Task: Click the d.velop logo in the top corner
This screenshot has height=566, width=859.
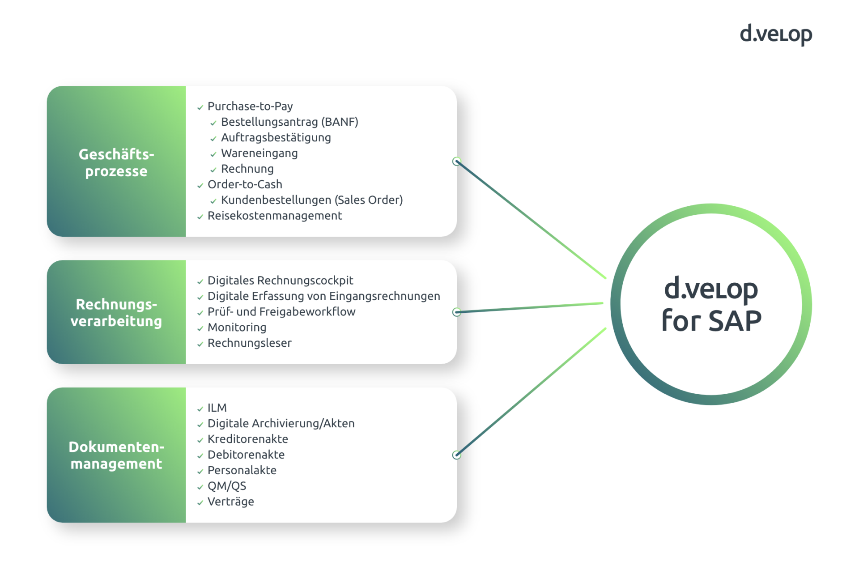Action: [775, 34]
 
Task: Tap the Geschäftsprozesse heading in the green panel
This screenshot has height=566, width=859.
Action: [116, 162]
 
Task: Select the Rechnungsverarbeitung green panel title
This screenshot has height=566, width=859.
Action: [116, 312]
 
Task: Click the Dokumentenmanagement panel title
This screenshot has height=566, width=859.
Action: [116, 455]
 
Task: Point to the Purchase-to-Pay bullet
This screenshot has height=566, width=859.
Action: [250, 106]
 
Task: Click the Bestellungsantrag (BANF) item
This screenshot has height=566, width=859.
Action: [289, 122]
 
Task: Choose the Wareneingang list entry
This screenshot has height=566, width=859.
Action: [259, 153]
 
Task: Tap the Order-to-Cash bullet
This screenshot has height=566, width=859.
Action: [245, 184]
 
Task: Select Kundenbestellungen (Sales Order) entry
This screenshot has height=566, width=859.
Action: [311, 200]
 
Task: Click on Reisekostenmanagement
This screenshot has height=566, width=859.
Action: [274, 216]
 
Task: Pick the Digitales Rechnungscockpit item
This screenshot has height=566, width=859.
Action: [280, 281]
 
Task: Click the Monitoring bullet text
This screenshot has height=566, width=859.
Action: [237, 328]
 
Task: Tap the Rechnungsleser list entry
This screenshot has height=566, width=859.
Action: [249, 343]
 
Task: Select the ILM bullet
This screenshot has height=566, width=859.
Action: [217, 408]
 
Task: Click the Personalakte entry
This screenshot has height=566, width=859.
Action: [242, 470]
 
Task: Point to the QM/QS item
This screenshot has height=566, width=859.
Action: [226, 486]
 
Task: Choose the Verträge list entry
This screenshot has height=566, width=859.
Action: [230, 502]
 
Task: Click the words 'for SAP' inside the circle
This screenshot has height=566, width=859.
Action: [711, 321]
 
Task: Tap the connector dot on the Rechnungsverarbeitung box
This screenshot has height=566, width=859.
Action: [456, 312]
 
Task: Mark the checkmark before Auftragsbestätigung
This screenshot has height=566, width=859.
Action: [213, 139]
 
